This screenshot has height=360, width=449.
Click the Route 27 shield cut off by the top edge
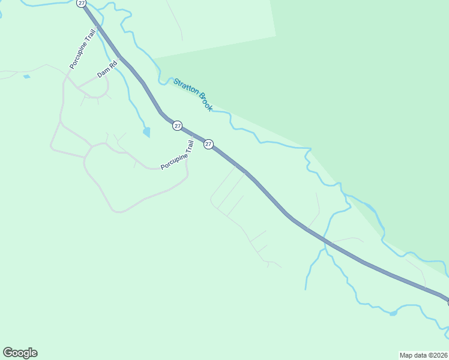(81, 3)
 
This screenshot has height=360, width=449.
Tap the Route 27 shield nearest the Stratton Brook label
(177, 125)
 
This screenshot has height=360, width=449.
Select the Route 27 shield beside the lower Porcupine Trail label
(208, 144)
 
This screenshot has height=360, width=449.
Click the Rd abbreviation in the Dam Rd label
(112, 65)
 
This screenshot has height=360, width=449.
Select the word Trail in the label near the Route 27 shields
(190, 148)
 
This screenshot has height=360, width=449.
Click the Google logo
(20, 353)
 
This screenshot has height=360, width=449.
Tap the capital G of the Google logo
(8, 352)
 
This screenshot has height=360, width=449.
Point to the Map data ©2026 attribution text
(423, 355)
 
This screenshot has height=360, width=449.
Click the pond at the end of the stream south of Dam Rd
(146, 132)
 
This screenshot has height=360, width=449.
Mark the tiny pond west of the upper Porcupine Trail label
(26, 77)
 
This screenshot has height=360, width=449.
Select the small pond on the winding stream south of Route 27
(393, 313)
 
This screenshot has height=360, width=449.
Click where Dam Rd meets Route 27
(120, 58)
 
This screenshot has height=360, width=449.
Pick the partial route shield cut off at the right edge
(447, 302)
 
